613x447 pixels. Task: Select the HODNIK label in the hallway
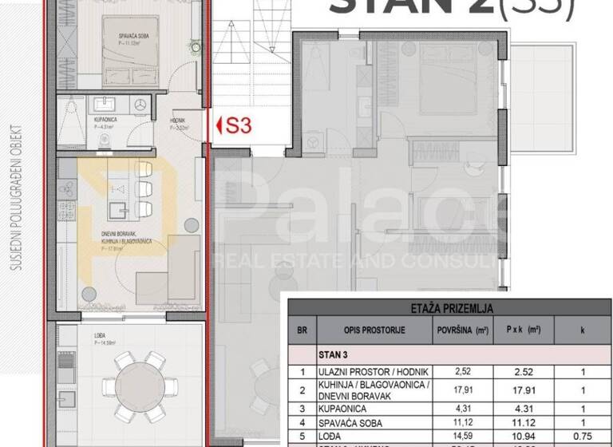(x=180, y=123)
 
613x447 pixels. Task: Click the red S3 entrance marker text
(x=238, y=125)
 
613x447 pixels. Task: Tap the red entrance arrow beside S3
(x=219, y=125)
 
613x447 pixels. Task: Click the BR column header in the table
(x=302, y=329)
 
